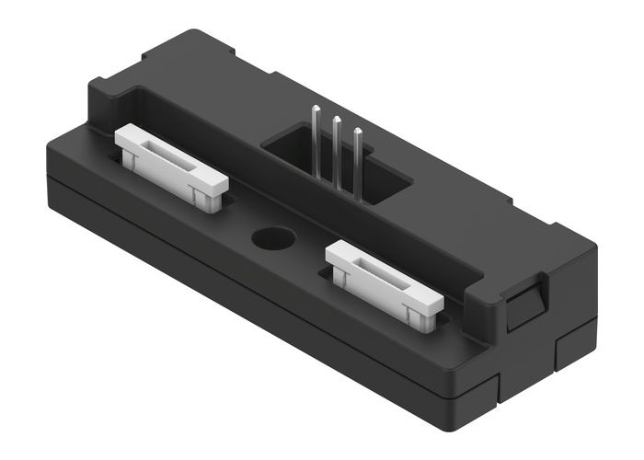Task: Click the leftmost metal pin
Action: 316,138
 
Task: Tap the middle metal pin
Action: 336,147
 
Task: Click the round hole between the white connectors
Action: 272,238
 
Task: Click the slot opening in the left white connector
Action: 171,158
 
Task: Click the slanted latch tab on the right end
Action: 525,303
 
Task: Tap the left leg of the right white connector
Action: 342,276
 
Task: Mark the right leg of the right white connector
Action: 424,315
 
